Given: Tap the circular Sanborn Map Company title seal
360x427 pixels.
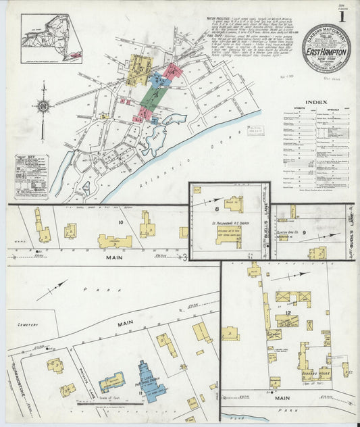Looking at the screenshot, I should tap(326, 48).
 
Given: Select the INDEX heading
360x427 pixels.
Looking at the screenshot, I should tap(317, 103).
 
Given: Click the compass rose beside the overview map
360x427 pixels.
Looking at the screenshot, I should tap(43, 106).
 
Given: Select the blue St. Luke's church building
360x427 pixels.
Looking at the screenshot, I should tap(148, 381).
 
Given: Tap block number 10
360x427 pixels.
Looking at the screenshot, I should tap(121, 222).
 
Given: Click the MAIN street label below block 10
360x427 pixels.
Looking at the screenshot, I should tap(94, 257).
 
